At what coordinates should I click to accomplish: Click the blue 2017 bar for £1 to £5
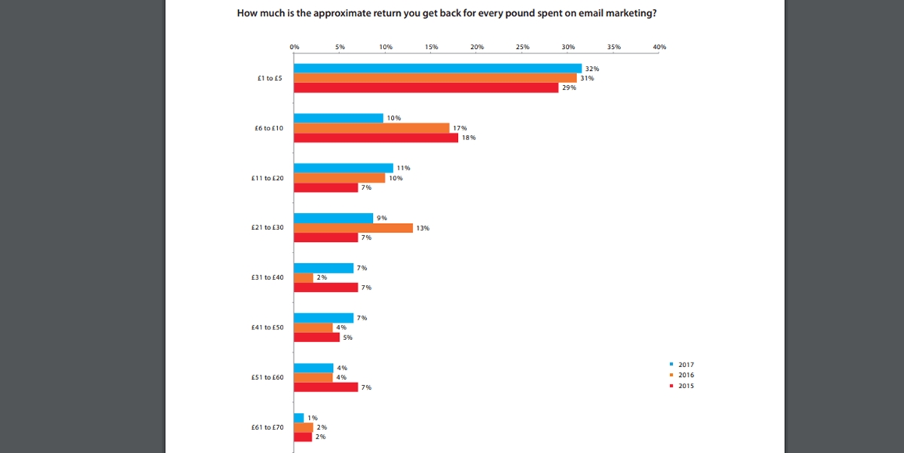coord(437,68)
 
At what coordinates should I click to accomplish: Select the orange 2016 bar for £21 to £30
coord(353,228)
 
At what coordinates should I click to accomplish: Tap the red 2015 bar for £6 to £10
coord(375,138)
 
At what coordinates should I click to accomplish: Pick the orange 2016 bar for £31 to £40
coord(303,277)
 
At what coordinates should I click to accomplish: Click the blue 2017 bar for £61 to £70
coord(298,418)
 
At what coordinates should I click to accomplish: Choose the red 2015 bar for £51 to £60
coord(325,387)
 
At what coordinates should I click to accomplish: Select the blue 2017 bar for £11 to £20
coord(343,167)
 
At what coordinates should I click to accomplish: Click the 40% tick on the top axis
coord(659,47)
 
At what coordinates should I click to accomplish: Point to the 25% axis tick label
coord(522,47)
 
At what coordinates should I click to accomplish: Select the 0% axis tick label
coord(294,47)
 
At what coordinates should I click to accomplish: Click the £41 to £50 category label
coord(267,328)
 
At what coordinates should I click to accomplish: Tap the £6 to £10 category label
coord(268,128)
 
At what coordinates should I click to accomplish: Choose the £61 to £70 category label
coord(267,427)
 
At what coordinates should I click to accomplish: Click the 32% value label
coord(592,69)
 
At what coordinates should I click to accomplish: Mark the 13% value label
coord(423,228)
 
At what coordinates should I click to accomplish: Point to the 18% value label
coord(469,138)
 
